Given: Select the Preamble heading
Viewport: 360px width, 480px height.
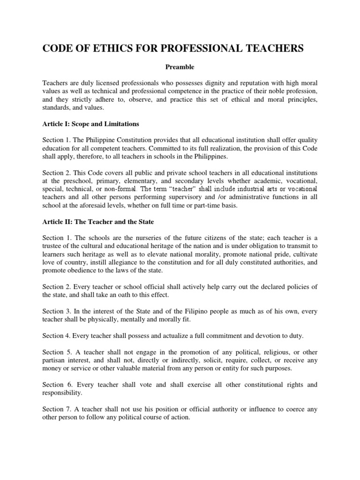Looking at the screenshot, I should (180, 67).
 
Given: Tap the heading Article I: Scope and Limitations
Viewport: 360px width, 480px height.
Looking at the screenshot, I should (90, 124).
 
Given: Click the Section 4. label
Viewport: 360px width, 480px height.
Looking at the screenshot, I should (55, 335).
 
